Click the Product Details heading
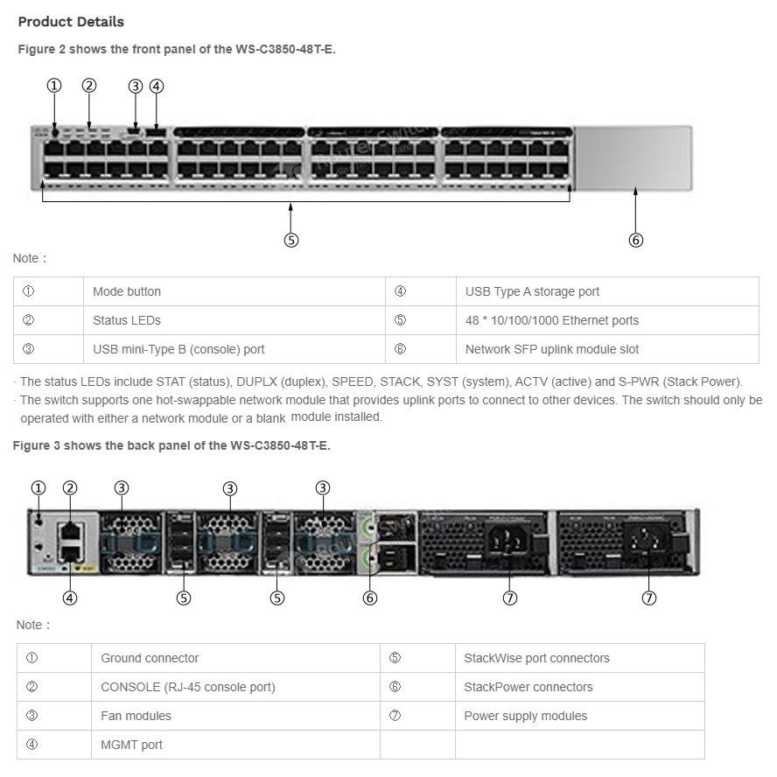[x=71, y=22]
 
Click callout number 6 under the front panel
[x=636, y=240]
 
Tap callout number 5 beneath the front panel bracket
[x=291, y=240]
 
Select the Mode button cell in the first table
[x=127, y=291]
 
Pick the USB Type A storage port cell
[x=532, y=291]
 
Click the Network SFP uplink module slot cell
[x=551, y=349]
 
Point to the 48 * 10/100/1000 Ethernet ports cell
[x=551, y=320]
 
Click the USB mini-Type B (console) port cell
[x=178, y=349]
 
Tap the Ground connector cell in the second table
[x=150, y=658]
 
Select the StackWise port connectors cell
[x=536, y=658]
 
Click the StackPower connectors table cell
[x=528, y=687]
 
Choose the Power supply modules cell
[x=525, y=716]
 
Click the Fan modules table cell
[x=136, y=716]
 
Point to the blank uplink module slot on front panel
[x=633, y=157]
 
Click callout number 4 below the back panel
[x=70, y=598]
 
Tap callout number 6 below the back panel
[x=370, y=598]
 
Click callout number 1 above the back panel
[x=38, y=488]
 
